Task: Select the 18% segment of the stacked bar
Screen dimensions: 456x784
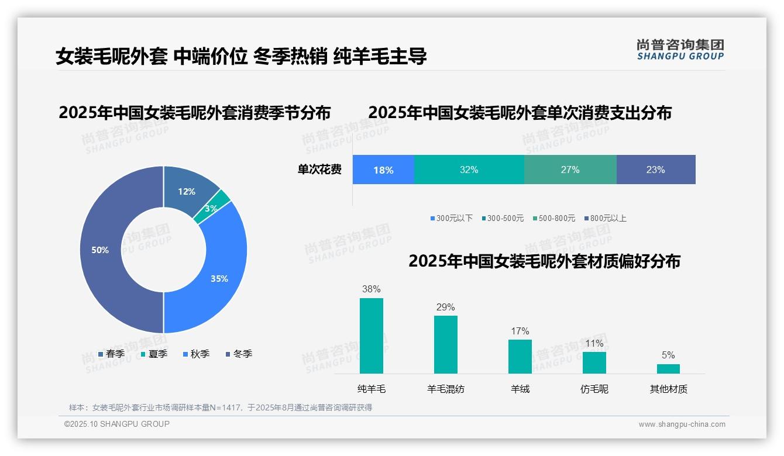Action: click(383, 170)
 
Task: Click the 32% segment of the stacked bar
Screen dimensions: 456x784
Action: click(469, 170)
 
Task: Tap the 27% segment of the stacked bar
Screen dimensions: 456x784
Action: click(570, 170)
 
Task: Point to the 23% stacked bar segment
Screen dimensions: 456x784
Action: click(655, 170)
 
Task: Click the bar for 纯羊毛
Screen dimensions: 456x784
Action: click(372, 336)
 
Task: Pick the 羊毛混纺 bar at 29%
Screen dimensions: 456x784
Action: click(446, 344)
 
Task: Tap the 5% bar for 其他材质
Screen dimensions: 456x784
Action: click(668, 368)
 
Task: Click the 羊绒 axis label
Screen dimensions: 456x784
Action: click(520, 389)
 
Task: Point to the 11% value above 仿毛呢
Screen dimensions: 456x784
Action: click(594, 343)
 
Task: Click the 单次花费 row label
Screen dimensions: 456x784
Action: click(319, 170)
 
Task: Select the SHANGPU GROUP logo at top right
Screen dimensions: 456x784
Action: click(680, 50)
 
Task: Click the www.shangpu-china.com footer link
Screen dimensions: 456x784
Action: click(682, 424)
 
